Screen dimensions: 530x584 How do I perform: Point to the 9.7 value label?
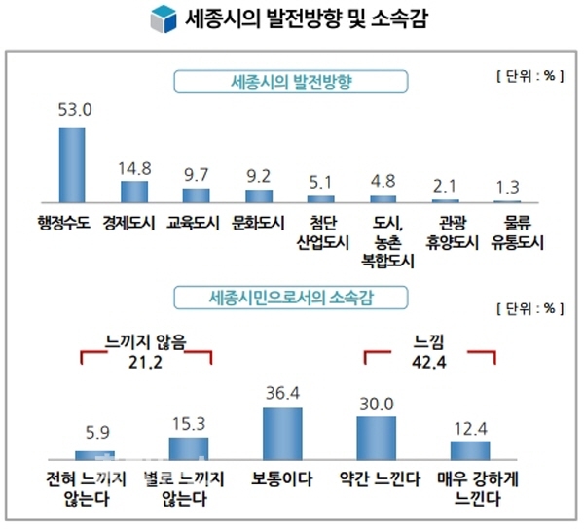(196, 174)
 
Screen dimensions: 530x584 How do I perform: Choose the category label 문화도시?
(259, 220)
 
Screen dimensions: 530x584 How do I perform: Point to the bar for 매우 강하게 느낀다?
(469, 449)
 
